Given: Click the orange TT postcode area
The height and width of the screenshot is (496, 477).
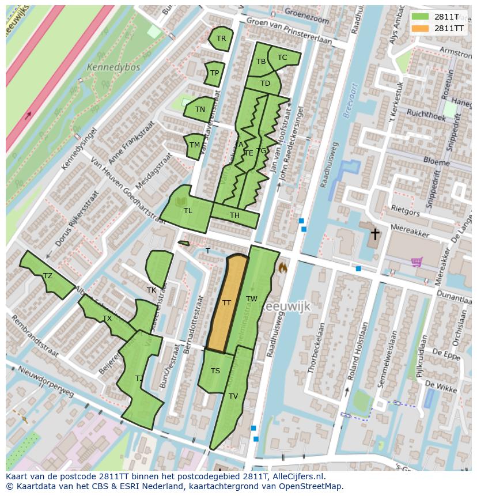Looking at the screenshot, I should pyautogui.click(x=226, y=303).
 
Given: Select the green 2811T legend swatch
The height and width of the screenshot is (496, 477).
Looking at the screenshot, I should pyautogui.click(x=421, y=17).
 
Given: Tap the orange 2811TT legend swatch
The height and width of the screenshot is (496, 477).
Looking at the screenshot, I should pyautogui.click(x=421, y=28).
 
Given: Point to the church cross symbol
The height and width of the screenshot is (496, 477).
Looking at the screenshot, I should pyautogui.click(x=375, y=234).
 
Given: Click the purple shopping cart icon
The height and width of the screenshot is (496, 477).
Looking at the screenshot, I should pyautogui.click(x=417, y=262).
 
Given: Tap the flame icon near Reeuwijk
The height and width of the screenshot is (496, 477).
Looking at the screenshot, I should pyautogui.click(x=282, y=268).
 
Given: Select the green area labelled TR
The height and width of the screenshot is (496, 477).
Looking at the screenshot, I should pyautogui.click(x=221, y=39).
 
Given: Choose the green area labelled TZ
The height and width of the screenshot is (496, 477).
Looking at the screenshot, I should pyautogui.click(x=48, y=276).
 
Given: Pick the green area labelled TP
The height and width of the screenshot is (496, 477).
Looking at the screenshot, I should pyautogui.click(x=214, y=73).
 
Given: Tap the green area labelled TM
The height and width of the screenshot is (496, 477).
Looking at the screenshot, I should pyautogui.click(x=195, y=145).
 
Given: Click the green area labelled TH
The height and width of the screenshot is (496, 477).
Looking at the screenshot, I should pyautogui.click(x=234, y=215).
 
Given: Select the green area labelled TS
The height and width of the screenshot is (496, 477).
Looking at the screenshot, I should pyautogui.click(x=215, y=370).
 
